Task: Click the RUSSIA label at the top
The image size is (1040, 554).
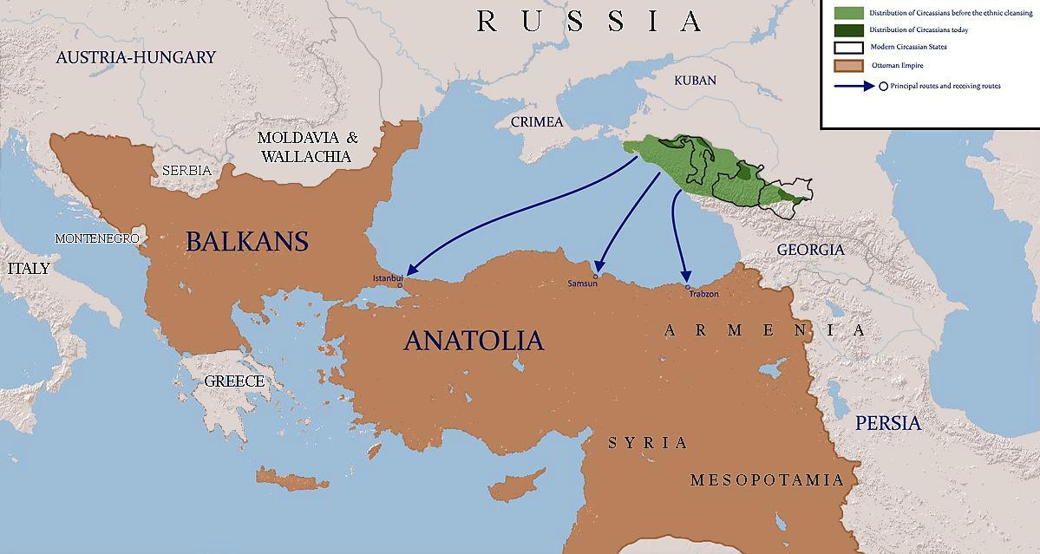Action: point(589,21)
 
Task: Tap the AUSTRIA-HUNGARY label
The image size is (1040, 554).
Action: point(135,57)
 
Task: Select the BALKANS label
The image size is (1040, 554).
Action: point(247,240)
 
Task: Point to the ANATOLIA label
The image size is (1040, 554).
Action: point(474,340)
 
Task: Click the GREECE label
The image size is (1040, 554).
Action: point(234,381)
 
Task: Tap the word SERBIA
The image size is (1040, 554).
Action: point(186,171)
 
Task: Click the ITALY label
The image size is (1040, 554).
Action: point(29,268)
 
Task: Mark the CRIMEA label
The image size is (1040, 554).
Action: point(537,121)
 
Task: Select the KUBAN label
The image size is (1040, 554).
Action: point(696,80)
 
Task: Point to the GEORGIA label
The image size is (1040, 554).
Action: point(810,250)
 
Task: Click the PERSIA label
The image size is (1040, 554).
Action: point(887,423)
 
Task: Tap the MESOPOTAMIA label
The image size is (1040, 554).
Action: point(767,479)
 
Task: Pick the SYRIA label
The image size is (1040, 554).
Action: point(648,443)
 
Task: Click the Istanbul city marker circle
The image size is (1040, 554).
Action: point(400,284)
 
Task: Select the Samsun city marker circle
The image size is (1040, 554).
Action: point(595,277)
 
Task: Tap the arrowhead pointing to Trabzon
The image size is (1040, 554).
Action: point(684,277)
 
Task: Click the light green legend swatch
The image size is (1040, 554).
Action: point(849,12)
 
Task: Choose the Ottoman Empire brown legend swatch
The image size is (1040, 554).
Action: point(849,65)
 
